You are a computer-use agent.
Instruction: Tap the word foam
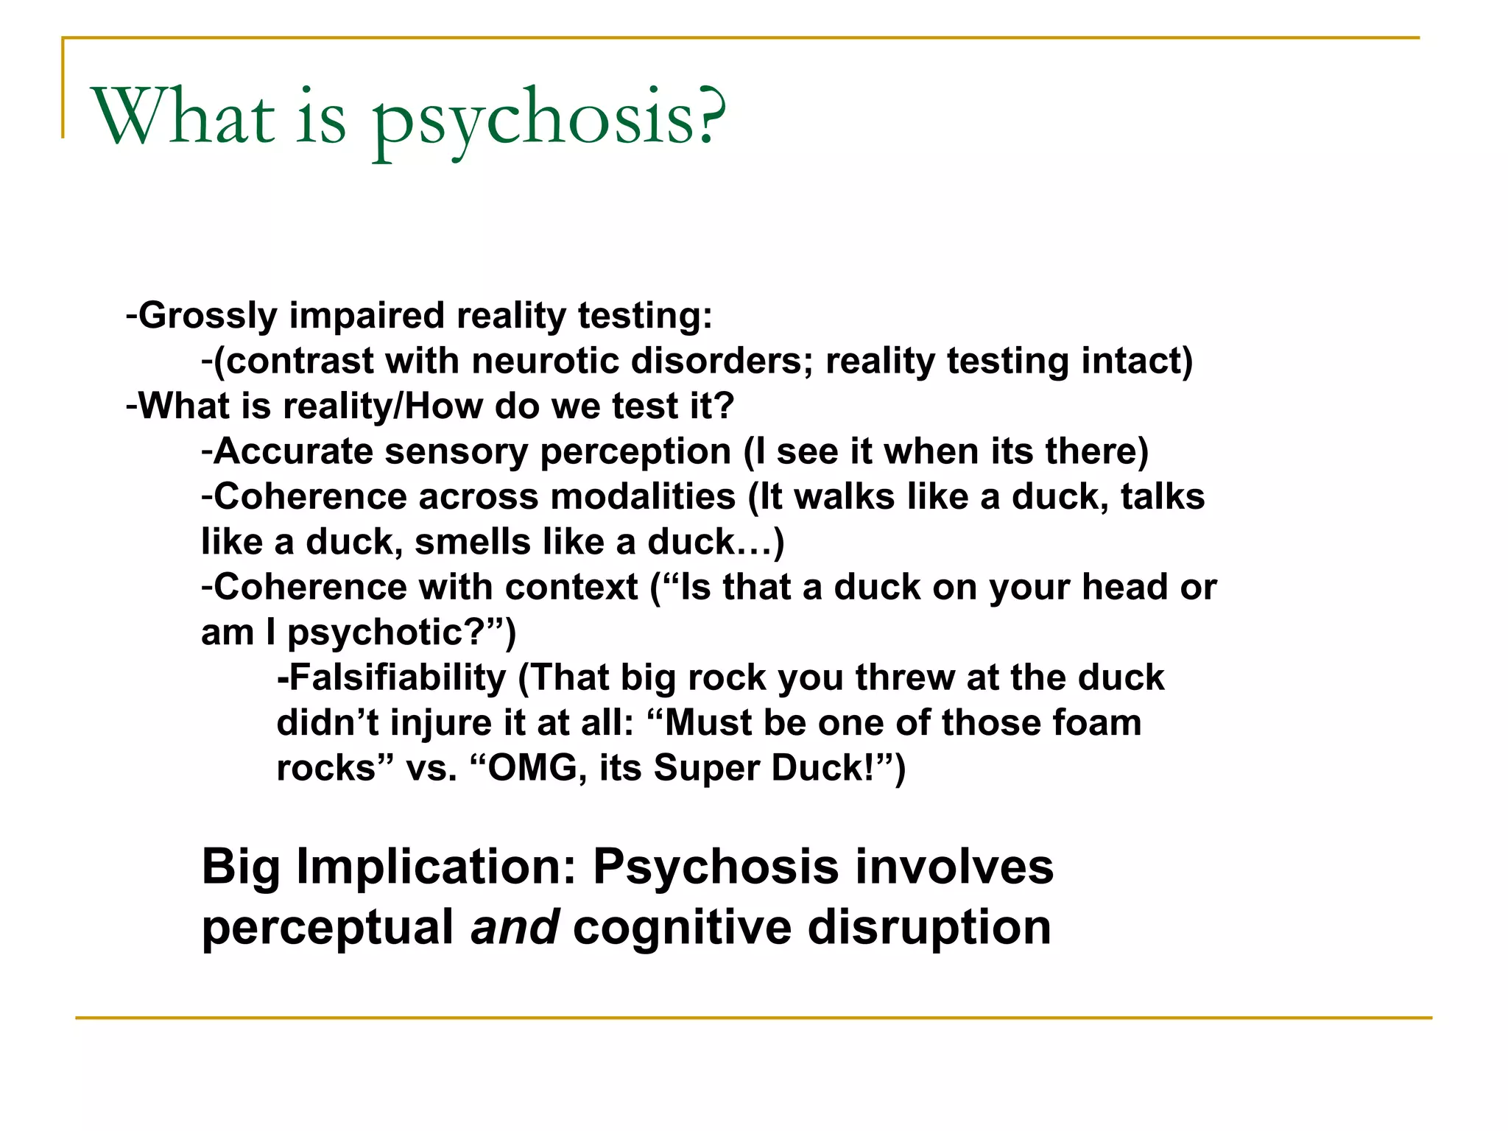pos(1096,723)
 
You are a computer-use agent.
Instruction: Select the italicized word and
pos(515,927)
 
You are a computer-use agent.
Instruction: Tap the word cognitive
pos(682,927)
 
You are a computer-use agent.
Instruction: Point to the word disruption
pos(929,927)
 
